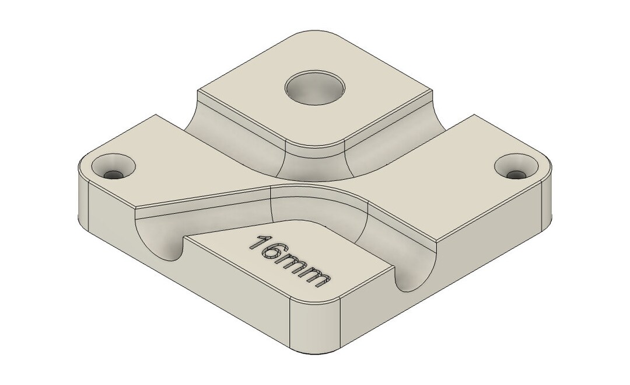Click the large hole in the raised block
315,88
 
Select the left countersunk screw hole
113,167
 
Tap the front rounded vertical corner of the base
316,326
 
